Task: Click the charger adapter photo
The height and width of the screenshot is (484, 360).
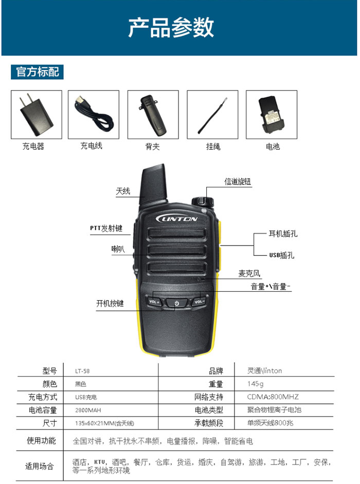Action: [x=36, y=115]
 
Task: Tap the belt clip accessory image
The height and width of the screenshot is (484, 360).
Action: [x=153, y=116]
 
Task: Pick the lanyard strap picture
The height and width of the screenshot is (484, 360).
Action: [x=212, y=115]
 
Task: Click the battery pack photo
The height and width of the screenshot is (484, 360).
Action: [x=271, y=115]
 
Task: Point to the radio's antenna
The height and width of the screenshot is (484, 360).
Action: [x=153, y=184]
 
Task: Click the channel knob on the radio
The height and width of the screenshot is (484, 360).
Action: [x=203, y=201]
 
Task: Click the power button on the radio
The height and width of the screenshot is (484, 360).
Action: [x=176, y=304]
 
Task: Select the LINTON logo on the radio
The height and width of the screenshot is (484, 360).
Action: [x=177, y=219]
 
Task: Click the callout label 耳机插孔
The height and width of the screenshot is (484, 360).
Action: [x=283, y=234]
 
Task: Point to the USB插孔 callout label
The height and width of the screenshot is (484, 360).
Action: [x=281, y=255]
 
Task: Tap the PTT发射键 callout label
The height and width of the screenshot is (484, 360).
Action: [x=106, y=228]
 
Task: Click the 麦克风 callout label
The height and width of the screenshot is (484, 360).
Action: [x=249, y=273]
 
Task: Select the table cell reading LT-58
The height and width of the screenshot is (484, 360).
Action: [x=82, y=371]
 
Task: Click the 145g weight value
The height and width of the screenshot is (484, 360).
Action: [x=255, y=384]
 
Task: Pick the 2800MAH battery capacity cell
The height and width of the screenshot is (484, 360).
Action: [x=88, y=410]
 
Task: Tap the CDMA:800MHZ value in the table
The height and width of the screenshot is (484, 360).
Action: [x=273, y=397]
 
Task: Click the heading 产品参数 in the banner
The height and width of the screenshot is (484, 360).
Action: [x=171, y=27]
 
